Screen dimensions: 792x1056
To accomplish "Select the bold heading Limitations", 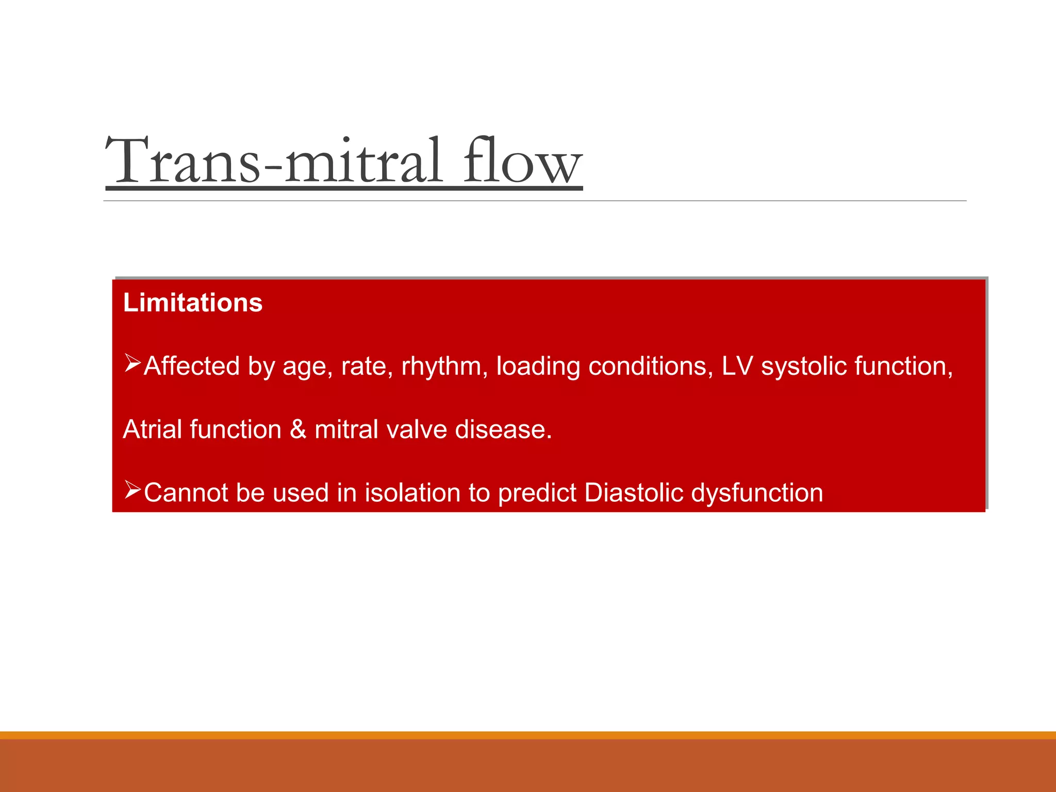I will pos(193,303).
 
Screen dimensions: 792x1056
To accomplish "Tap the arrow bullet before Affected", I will pos(133,364).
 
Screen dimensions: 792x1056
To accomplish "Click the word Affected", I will pos(191,366).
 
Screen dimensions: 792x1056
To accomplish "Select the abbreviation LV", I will pos(737,366).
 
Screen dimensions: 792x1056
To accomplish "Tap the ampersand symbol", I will pos(298,430).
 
